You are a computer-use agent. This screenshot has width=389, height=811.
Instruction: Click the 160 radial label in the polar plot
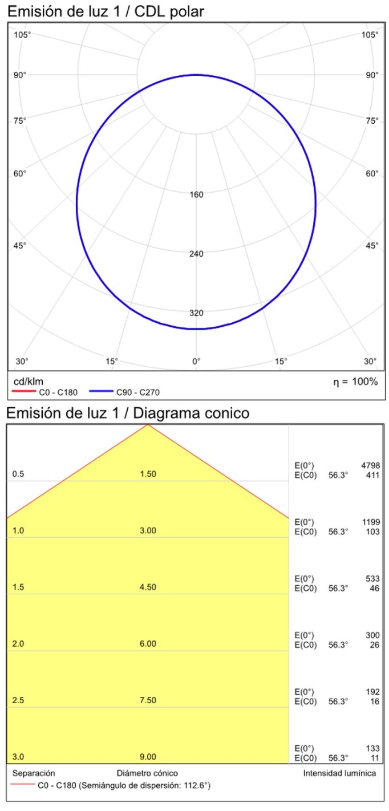(196, 194)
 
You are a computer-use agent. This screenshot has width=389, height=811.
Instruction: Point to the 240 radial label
(196, 254)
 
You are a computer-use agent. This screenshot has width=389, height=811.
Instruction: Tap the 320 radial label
(196, 313)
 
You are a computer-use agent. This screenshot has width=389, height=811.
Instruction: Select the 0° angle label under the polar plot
(196, 361)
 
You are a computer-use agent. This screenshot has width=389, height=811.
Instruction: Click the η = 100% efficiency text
(355, 382)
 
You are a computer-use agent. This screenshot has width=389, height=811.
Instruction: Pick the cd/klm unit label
(28, 382)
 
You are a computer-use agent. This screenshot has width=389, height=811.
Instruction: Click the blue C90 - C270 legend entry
(137, 392)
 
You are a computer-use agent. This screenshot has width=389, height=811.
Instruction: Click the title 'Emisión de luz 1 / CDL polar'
(106, 11)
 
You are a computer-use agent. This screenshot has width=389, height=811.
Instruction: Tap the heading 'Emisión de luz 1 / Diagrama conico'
(128, 413)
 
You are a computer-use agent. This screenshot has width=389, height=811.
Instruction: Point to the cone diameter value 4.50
(148, 587)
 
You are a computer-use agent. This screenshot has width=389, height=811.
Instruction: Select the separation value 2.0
(18, 644)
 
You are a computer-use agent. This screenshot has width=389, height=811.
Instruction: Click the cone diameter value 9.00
(148, 757)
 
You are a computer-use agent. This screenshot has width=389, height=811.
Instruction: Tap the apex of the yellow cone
(148, 425)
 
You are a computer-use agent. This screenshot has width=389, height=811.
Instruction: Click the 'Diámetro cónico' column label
(147, 773)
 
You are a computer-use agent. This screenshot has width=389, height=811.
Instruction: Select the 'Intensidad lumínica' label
(339, 773)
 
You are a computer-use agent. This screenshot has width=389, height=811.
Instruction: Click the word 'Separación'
(34, 773)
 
